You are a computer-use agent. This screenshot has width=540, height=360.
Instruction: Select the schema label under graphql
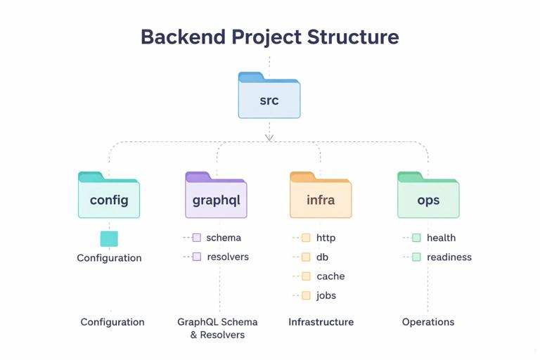click(x=224, y=238)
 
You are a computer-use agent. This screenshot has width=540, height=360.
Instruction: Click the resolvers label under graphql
click(x=227, y=257)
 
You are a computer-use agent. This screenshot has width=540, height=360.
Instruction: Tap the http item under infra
click(x=326, y=238)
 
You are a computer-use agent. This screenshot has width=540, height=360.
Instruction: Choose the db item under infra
click(x=322, y=257)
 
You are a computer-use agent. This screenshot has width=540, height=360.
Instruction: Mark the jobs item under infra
click(x=326, y=295)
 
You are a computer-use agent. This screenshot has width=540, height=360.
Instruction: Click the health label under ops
click(x=441, y=238)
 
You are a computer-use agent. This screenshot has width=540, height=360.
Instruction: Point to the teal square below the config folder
click(x=109, y=238)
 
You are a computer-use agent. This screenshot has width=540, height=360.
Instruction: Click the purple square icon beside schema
click(x=197, y=238)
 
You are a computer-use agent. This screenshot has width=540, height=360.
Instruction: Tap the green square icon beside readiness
click(x=416, y=257)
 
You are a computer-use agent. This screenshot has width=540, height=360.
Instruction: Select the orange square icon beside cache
click(x=306, y=276)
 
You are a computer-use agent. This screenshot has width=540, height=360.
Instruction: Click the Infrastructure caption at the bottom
click(x=321, y=322)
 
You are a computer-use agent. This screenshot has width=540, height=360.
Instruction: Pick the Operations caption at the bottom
click(x=428, y=322)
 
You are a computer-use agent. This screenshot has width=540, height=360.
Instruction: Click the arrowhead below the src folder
click(x=269, y=137)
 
